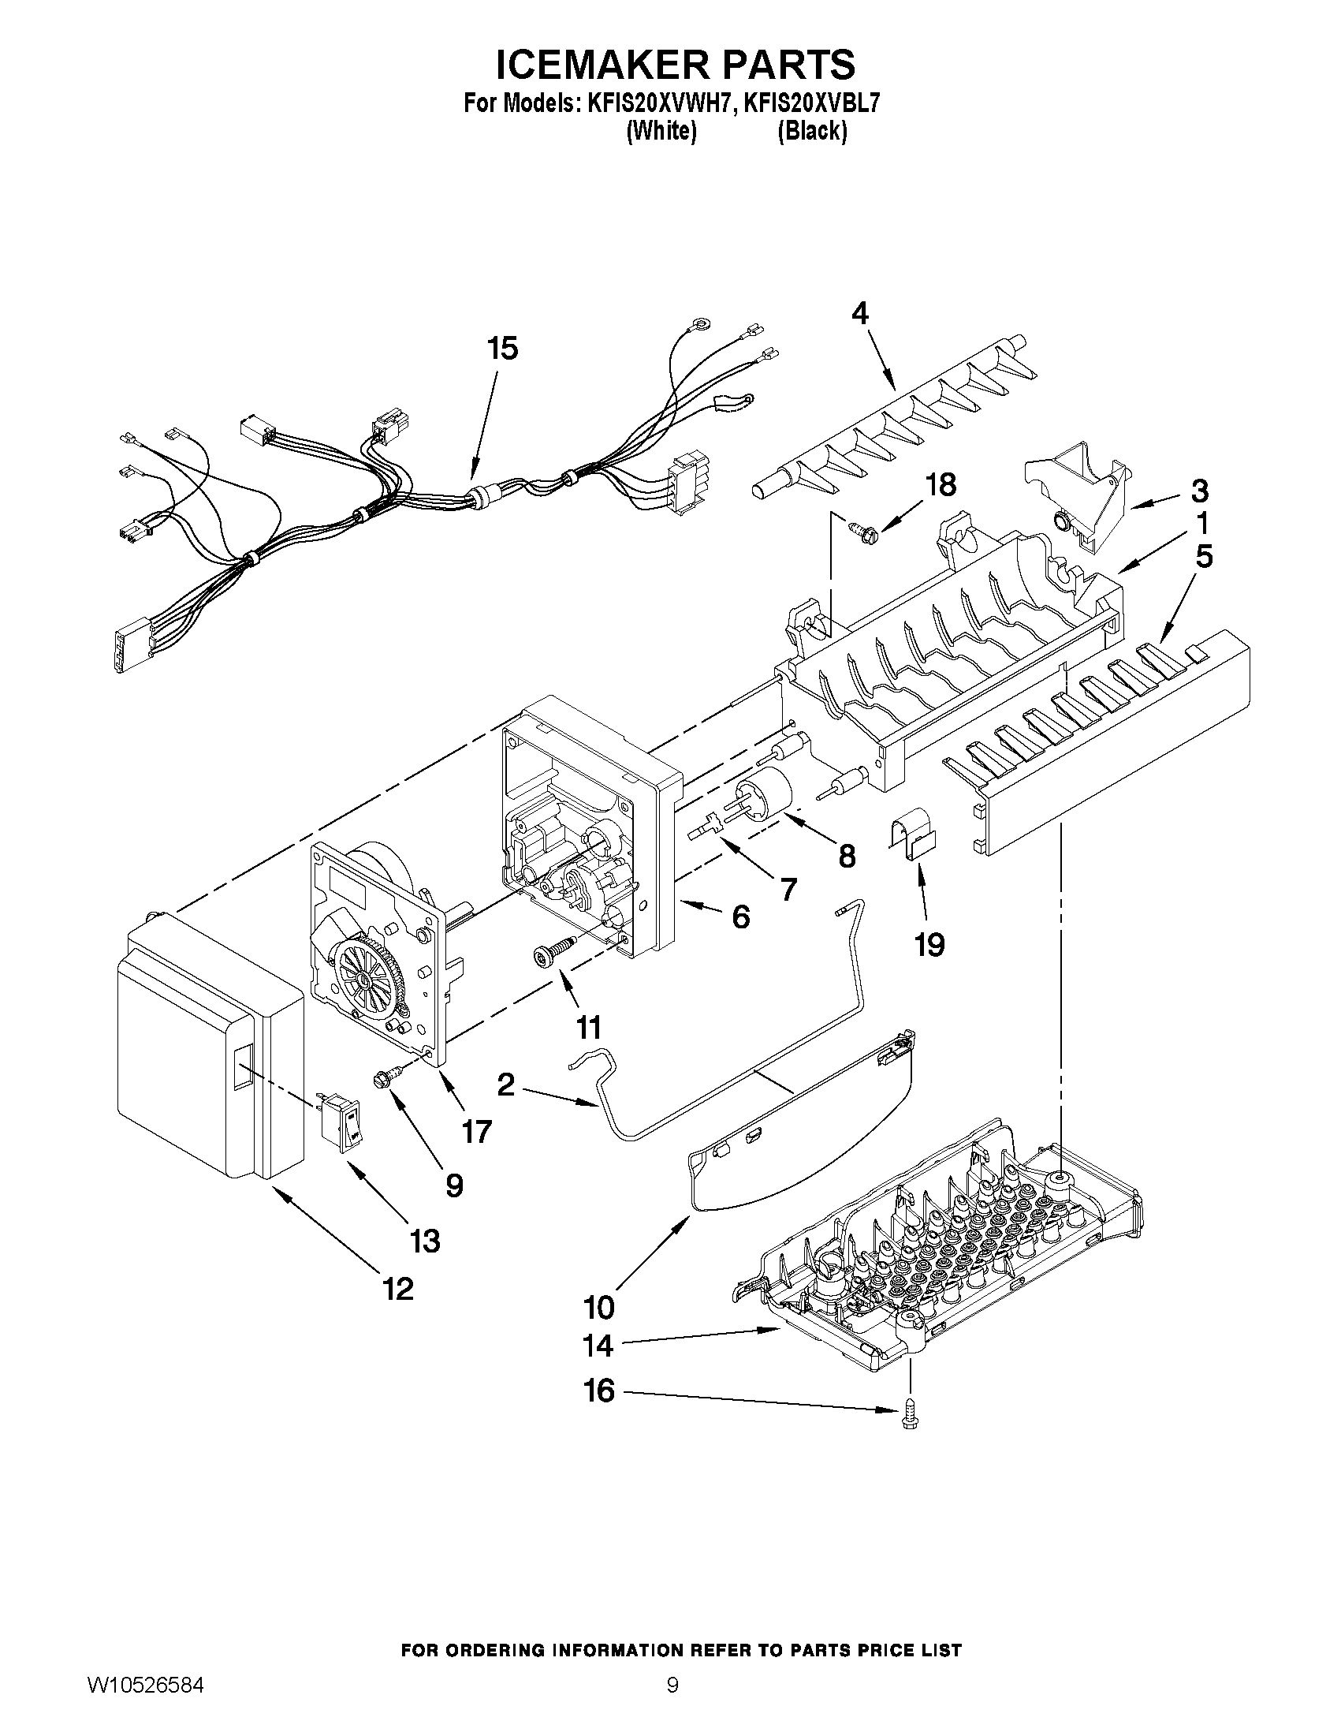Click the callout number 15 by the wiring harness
503,348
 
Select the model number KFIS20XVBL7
811,103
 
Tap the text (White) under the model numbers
661,131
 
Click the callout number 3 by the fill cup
1199,491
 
